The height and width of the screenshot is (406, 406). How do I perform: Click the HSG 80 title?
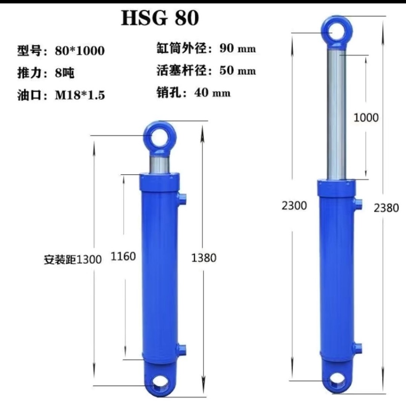point(160,18)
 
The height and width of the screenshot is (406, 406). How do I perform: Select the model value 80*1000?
point(80,50)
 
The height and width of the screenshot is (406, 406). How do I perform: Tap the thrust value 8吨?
point(65,73)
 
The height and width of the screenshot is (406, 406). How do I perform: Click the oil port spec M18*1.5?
point(80,95)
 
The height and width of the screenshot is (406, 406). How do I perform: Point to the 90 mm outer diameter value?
point(238,48)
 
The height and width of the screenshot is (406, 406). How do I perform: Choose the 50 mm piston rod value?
point(238,71)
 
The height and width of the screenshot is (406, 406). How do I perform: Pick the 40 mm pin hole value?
point(213,92)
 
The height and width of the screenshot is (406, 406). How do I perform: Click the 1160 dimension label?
point(123,257)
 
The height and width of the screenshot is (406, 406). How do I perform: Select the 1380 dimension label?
point(204,258)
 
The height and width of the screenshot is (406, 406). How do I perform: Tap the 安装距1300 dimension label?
point(73,259)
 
